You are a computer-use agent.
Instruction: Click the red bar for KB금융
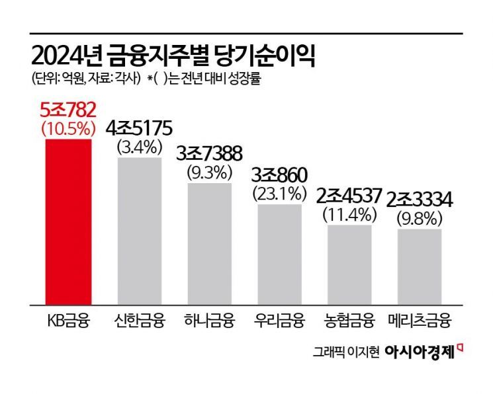click(69, 221)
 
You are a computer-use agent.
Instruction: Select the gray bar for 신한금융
click(139, 231)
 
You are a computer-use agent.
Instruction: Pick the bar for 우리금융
click(279, 255)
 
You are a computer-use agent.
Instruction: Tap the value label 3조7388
click(209, 155)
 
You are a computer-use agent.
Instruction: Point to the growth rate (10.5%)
click(69, 128)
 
